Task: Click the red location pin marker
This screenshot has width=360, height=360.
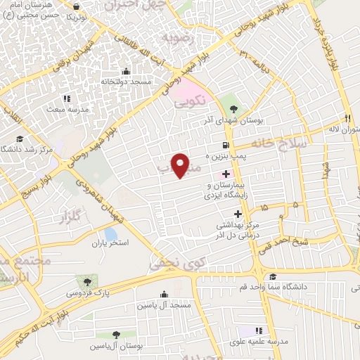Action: coord(181,165)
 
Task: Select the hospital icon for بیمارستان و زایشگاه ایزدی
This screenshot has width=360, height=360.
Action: coord(226,174)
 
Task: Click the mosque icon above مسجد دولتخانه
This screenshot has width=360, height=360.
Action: coord(126,71)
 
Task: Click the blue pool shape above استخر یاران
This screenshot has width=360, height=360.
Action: coord(110,233)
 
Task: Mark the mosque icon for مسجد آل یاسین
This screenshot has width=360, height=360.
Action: coord(165,294)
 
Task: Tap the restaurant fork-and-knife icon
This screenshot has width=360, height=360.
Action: coord(347,118)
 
